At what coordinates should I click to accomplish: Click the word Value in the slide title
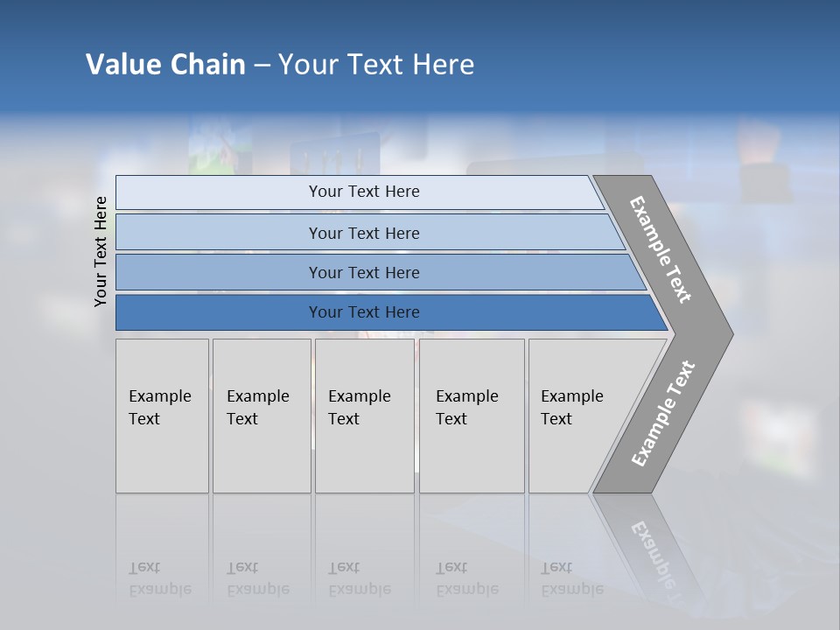(x=122, y=65)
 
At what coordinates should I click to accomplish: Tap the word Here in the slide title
(x=443, y=65)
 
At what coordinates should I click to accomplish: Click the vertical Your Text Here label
(x=101, y=251)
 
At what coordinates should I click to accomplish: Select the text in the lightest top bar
(x=364, y=192)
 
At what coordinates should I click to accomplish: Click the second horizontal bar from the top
(x=364, y=233)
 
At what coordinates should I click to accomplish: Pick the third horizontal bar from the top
(x=364, y=272)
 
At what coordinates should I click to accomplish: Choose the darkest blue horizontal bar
(x=364, y=312)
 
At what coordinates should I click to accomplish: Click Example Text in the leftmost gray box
(x=159, y=408)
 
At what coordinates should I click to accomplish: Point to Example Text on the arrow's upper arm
(x=661, y=249)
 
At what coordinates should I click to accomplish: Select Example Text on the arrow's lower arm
(x=662, y=413)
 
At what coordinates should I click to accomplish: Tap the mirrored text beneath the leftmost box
(x=159, y=578)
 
